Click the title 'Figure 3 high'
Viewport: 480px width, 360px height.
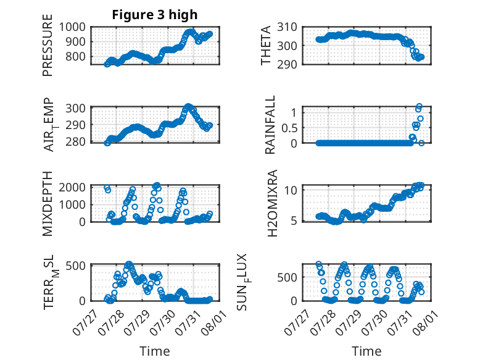click(x=155, y=15)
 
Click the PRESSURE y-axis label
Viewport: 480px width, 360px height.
click(x=48, y=45)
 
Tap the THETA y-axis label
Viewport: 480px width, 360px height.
click(x=266, y=45)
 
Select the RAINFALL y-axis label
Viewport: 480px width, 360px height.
click(x=270, y=125)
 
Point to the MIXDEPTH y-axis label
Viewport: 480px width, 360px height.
click(x=48, y=203)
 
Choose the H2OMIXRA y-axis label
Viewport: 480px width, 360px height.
click(x=272, y=203)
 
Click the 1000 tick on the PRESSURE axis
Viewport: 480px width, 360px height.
click(x=72, y=27)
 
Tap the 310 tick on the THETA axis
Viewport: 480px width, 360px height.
click(x=287, y=27)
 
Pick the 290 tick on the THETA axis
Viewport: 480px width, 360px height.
click(x=287, y=64)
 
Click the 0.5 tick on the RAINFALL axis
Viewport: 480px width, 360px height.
click(x=289, y=128)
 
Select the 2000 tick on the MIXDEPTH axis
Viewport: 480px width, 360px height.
click(x=72, y=187)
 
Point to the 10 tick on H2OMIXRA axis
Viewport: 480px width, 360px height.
click(x=291, y=190)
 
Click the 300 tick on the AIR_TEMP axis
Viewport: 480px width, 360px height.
click(x=75, y=109)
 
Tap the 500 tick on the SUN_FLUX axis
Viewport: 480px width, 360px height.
click(x=287, y=278)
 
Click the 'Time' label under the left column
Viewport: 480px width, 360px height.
click(x=155, y=351)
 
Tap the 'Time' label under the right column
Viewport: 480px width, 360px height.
click(x=366, y=351)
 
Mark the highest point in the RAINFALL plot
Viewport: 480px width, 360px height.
click(x=419, y=106)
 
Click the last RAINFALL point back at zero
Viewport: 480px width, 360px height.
click(x=421, y=143)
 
